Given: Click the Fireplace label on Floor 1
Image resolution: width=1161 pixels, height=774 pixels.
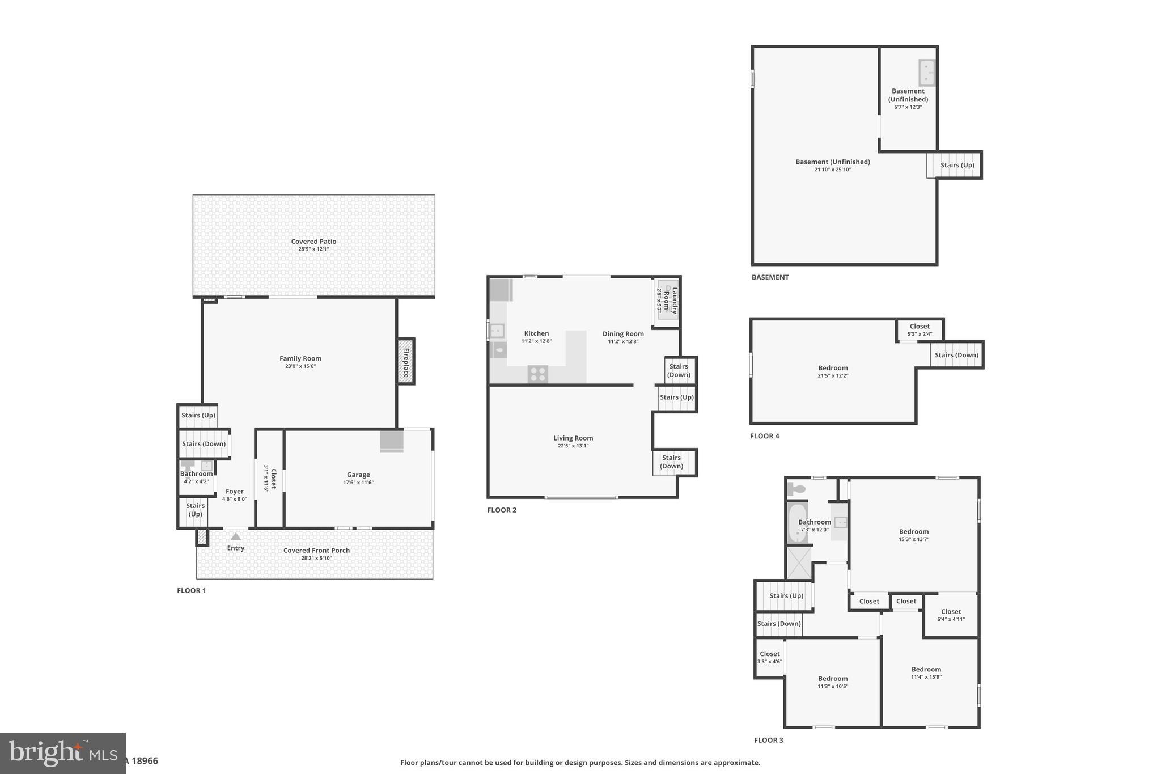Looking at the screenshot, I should tap(406, 362).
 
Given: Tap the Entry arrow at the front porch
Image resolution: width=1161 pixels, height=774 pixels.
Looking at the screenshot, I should tap(236, 536).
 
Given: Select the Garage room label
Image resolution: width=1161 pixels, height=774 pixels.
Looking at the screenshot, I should tap(358, 475).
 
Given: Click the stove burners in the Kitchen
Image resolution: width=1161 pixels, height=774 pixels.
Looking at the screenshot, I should tap(537, 374).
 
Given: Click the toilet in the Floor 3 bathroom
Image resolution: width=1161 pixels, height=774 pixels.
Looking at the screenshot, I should tap(797, 489).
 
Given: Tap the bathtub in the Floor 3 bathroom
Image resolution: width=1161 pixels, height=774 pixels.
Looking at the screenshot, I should tap(797, 523).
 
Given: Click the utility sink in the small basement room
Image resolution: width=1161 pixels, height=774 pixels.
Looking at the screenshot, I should tap(926, 73).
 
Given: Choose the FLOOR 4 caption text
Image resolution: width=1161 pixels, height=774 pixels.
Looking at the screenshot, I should tap(764, 436).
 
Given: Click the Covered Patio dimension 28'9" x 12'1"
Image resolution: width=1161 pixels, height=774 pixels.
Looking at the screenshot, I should tap(313, 249).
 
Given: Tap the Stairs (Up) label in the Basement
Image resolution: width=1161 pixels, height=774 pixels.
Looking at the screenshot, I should tap(957, 165).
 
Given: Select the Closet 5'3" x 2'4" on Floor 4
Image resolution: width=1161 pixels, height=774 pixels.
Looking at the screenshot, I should tap(920, 329).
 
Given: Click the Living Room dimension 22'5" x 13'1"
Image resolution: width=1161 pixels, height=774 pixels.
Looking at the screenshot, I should tap(573, 446).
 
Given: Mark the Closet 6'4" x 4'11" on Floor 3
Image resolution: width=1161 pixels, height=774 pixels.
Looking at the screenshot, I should tap(951, 615).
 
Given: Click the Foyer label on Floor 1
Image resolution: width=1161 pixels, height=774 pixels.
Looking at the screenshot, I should tap(235, 492).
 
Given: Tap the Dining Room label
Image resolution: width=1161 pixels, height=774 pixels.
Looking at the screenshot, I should tap(623, 334).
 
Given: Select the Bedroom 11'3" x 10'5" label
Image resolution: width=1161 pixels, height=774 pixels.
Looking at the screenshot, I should tap(833, 679).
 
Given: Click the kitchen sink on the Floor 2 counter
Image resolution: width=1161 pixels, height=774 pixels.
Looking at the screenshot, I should tap(497, 330).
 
